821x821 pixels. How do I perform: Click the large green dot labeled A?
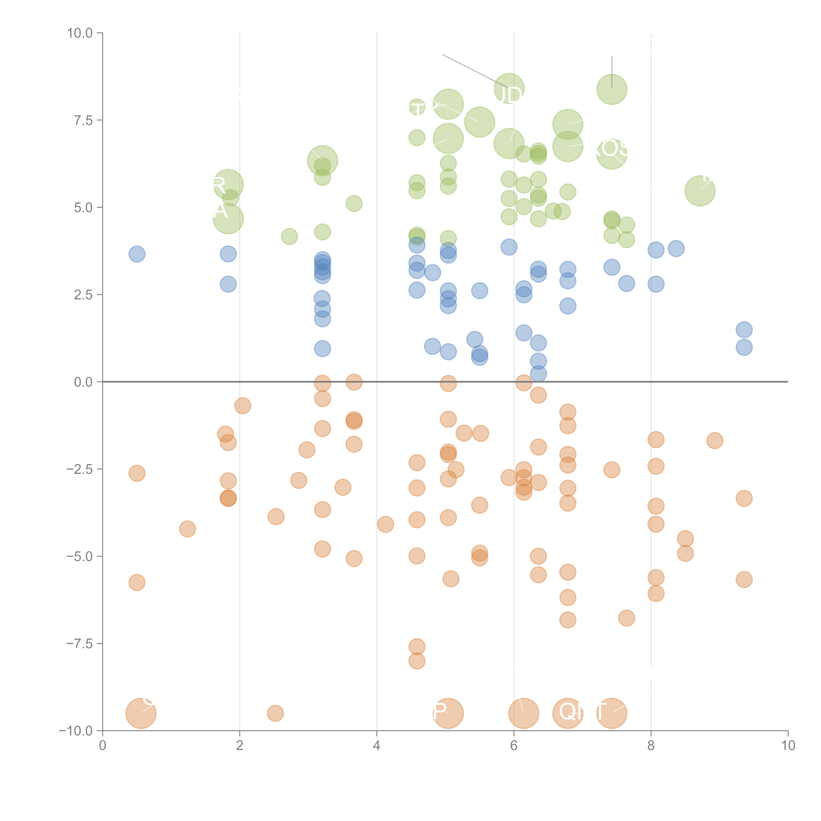[228, 219]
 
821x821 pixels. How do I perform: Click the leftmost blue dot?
[137, 254]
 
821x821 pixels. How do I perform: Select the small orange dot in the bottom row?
[275, 713]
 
